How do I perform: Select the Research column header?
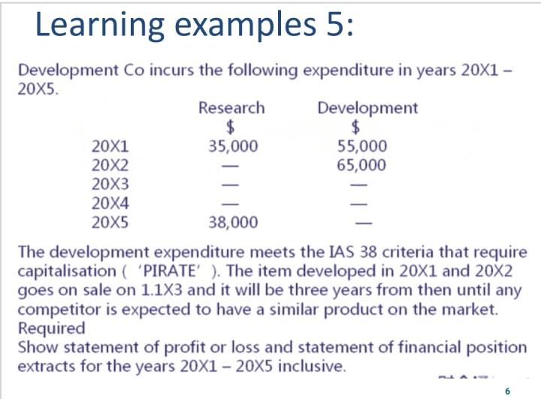pos(231,107)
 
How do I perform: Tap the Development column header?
pos(367,108)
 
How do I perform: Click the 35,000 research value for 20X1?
pos(233,146)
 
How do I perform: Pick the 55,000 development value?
pos(362,146)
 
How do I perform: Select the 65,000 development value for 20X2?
pos(361,165)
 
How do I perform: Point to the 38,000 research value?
pos(233,222)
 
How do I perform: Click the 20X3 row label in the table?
pos(110,184)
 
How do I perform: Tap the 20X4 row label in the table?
pos(110,203)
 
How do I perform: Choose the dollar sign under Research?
pos(230,127)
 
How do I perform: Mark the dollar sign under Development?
pos(355,127)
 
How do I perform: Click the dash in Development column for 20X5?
pos(364,223)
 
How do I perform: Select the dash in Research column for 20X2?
pos(230,166)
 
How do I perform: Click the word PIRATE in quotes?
pos(169,271)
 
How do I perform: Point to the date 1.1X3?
pos(162,290)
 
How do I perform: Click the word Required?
pos(51,328)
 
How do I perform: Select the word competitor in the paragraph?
pos(59,310)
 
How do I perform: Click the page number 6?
pos(507,391)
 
